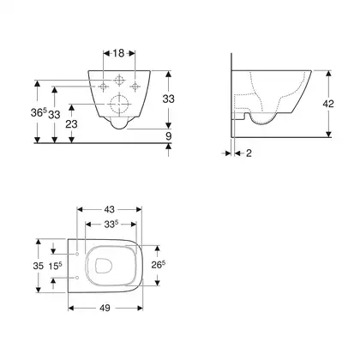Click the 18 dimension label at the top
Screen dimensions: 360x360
click(118, 53)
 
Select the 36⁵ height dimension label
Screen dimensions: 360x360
click(39, 112)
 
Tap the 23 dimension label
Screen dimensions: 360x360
click(71, 124)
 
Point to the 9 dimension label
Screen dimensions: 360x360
click(169, 136)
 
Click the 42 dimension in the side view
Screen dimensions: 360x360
click(328, 104)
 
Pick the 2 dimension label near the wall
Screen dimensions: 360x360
click(249, 153)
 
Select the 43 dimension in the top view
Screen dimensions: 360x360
click(109, 209)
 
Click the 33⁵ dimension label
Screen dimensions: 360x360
click(111, 225)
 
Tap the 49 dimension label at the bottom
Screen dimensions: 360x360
click(105, 308)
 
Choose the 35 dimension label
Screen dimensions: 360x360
click(39, 266)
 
